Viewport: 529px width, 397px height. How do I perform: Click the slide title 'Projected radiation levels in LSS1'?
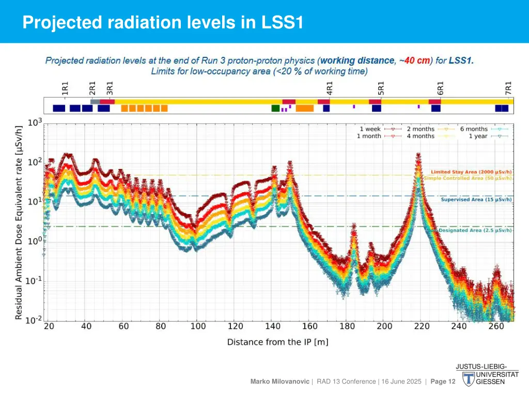point(163,23)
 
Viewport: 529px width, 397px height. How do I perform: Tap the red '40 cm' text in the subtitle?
point(417,60)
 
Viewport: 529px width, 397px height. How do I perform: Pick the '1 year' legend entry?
point(478,136)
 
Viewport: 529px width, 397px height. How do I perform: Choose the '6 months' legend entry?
point(474,129)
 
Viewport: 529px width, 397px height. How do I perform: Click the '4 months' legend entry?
point(421,136)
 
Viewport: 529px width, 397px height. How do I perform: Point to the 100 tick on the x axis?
point(198,326)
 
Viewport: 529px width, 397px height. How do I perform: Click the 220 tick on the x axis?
point(422,326)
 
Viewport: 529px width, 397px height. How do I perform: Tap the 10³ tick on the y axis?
point(35,123)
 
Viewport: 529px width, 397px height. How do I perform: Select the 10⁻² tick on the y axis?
point(35,320)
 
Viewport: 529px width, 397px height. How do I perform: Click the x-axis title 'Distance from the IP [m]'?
point(277,342)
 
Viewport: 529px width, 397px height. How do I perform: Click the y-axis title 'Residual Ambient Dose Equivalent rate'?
point(19,222)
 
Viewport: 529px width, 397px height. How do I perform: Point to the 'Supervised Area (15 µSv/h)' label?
point(476,199)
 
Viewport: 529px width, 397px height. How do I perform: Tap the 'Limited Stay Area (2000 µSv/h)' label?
point(472,172)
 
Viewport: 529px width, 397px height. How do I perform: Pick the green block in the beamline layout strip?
point(275,108)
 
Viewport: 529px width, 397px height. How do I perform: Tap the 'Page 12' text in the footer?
point(443,381)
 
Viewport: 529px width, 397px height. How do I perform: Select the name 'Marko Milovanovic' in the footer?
point(279,381)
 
